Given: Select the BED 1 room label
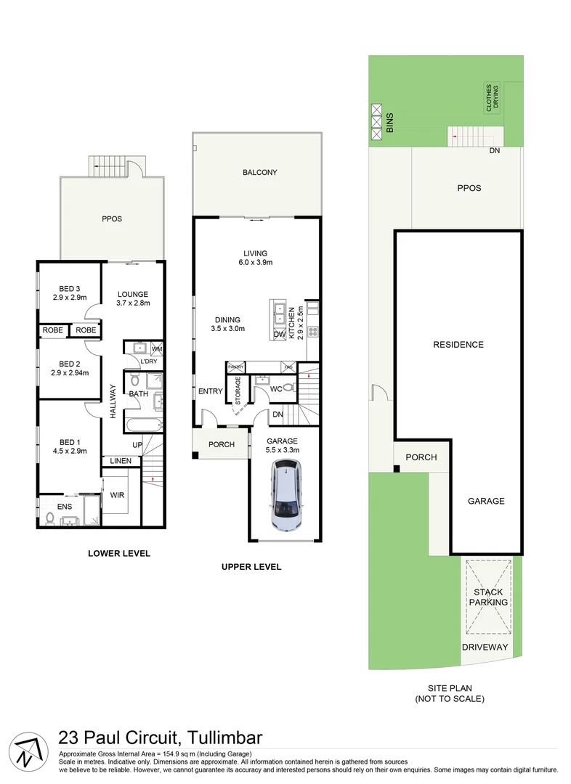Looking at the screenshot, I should point(69,440).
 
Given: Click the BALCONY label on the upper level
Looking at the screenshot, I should point(260,172).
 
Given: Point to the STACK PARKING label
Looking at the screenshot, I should point(488,597).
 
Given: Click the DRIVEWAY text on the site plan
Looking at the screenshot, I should point(485,647).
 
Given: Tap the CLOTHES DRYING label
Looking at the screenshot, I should point(493,96).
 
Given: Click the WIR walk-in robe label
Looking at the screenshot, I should point(117,497).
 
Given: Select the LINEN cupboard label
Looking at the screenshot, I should point(121,461).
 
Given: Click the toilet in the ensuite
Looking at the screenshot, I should point(49,518).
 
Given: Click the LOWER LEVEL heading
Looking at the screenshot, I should point(118,553).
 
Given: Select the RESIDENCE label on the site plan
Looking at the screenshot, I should point(458,344).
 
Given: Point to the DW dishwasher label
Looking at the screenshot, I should point(280,334).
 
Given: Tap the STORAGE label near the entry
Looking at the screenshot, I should point(238,390).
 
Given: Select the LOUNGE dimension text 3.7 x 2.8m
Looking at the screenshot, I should point(132,303).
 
